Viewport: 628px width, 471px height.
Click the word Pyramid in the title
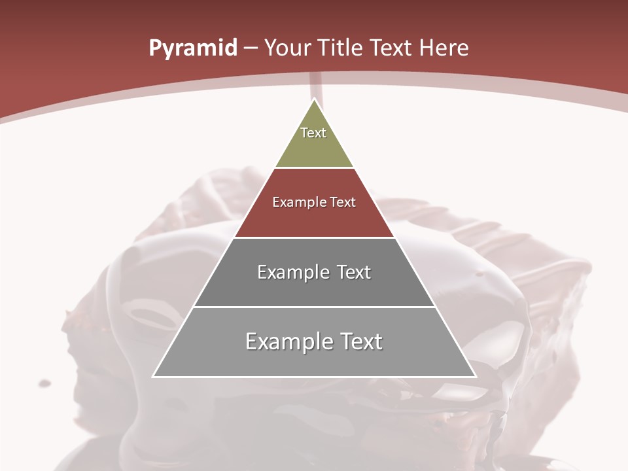pos(193,48)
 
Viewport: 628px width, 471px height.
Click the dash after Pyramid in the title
pos(251,49)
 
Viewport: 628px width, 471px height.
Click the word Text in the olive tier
pos(313,133)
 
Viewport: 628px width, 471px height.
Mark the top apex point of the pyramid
pos(315,99)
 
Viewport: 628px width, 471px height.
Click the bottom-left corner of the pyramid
pos(154,376)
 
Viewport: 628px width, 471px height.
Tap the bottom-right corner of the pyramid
pos(475,376)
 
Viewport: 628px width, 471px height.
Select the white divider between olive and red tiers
pos(314,168)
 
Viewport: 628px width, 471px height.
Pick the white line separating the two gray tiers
pos(314,307)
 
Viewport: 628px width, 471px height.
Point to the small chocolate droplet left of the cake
pos(44,383)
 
